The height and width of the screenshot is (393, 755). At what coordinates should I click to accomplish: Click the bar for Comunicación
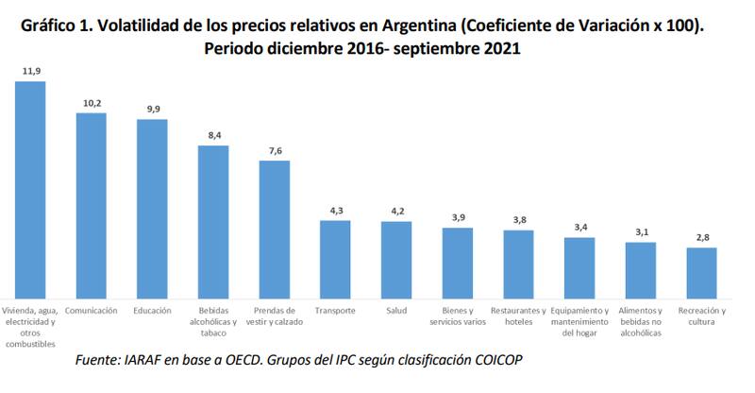click(x=91, y=203)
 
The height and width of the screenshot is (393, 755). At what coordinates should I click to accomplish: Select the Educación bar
click(x=152, y=207)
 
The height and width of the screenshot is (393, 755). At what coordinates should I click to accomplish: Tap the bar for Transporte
click(x=335, y=257)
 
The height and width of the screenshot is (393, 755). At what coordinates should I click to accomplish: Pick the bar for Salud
click(x=396, y=258)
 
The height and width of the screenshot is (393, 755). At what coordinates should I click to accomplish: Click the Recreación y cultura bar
click(x=701, y=271)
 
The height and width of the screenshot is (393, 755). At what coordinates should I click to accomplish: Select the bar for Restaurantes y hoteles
click(x=518, y=262)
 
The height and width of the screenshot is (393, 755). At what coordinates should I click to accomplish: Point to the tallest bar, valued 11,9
click(x=30, y=187)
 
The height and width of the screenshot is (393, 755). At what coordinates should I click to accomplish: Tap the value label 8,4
click(x=213, y=136)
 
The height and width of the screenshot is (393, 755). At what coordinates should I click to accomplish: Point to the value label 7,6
click(x=274, y=151)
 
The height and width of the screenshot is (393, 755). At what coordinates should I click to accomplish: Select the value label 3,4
click(x=579, y=228)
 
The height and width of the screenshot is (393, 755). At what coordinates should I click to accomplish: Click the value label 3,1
click(x=641, y=232)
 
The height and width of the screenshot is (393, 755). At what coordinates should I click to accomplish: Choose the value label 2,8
click(x=701, y=238)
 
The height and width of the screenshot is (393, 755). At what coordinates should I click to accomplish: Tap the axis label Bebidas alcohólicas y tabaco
click(x=213, y=321)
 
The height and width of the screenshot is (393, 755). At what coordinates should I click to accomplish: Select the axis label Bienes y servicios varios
click(x=457, y=316)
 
